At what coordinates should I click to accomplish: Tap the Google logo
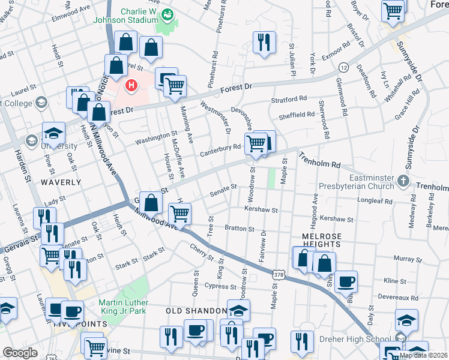tap(20, 353)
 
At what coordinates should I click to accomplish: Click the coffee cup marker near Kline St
tap(346, 281)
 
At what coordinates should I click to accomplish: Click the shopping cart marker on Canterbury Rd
tap(256, 143)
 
